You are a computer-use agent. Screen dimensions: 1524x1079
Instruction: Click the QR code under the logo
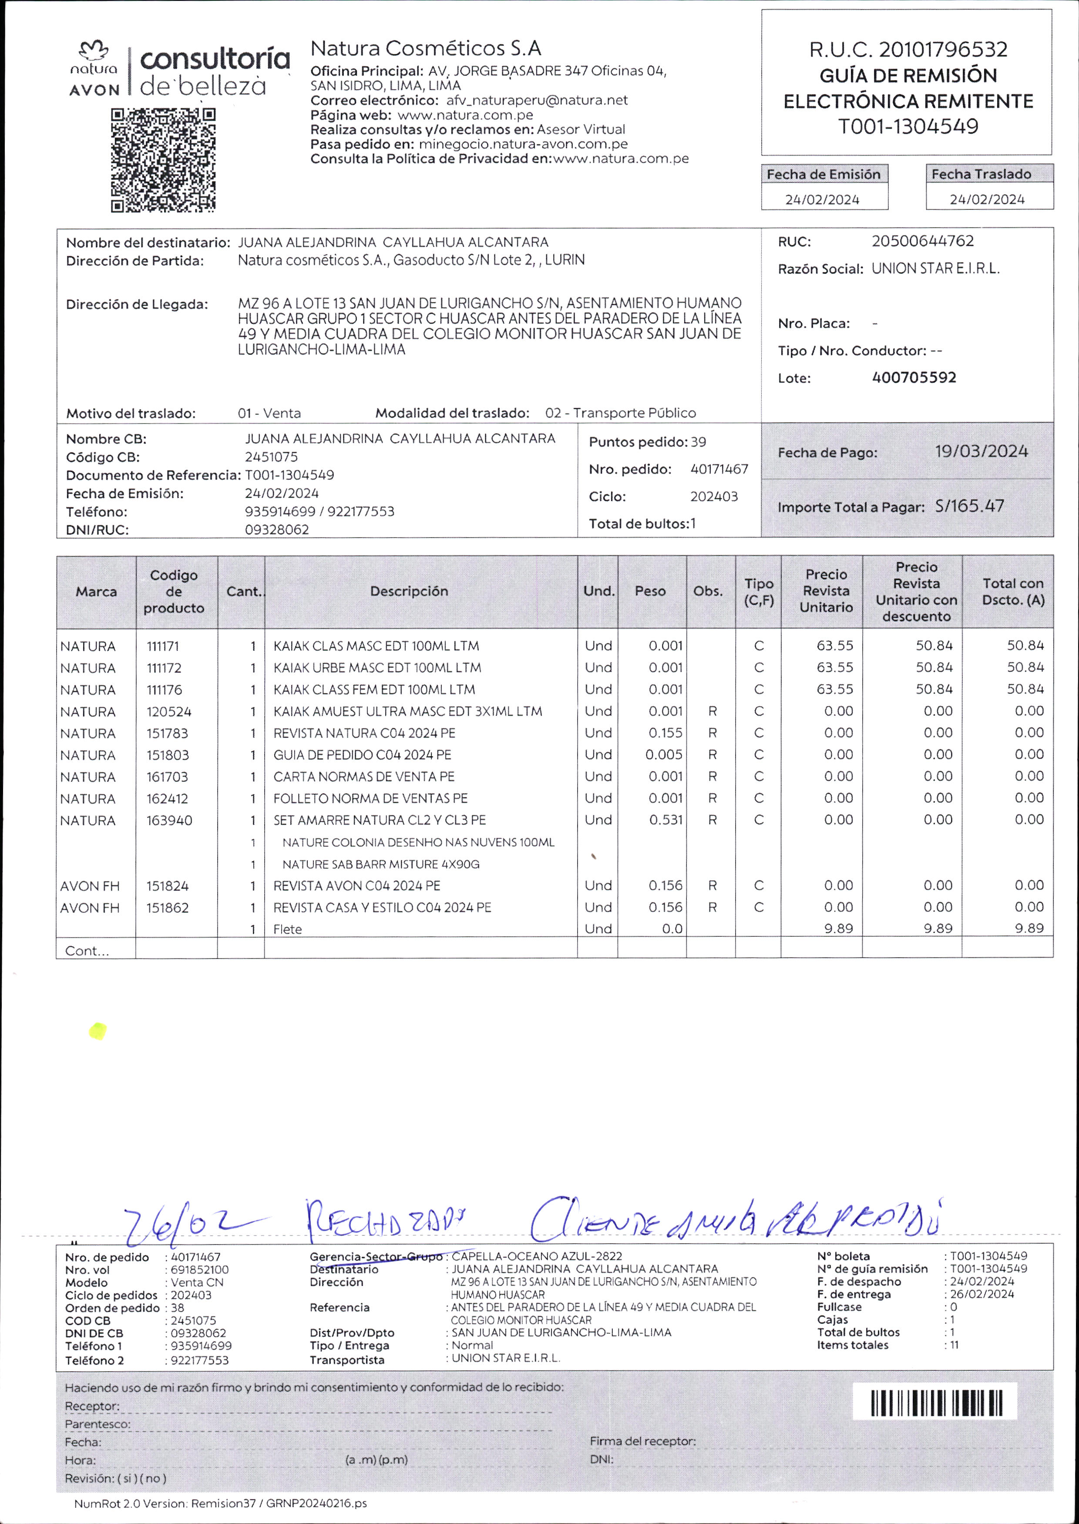pos(163,160)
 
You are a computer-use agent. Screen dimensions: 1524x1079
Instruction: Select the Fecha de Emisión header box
pos(824,174)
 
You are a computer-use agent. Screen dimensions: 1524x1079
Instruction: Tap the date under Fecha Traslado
pos(987,199)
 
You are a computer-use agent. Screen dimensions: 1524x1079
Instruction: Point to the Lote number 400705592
pos(914,377)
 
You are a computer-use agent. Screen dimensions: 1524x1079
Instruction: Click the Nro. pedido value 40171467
pos(719,469)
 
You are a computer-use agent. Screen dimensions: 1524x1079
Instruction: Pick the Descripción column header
pos(409,591)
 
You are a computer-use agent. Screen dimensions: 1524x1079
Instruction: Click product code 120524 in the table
pos(169,712)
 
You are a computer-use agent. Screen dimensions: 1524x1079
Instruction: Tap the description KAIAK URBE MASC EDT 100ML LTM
pos(377,668)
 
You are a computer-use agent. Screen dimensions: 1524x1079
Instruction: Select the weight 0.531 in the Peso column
pos(666,820)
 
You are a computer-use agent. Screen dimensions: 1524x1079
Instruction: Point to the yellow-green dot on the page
pos(97,1031)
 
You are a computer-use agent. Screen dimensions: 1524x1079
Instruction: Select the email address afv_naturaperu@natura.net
pos(537,100)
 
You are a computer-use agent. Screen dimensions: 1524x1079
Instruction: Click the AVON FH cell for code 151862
pos(90,908)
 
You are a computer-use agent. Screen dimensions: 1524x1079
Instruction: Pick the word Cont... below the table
pos(86,951)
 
